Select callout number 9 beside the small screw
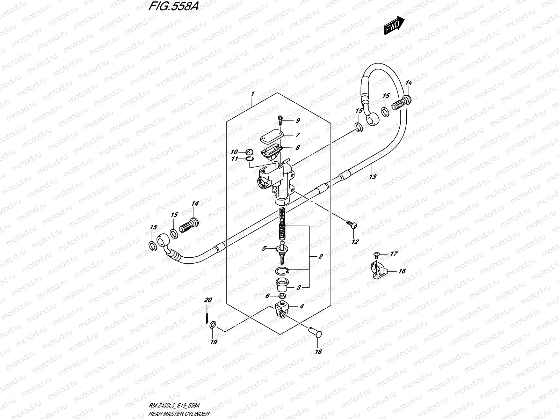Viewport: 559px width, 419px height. point(298,121)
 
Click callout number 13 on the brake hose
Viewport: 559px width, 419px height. point(373,177)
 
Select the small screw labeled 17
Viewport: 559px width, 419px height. point(376,254)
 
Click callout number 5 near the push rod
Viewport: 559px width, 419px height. point(264,249)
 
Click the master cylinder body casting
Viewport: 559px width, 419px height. point(276,182)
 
